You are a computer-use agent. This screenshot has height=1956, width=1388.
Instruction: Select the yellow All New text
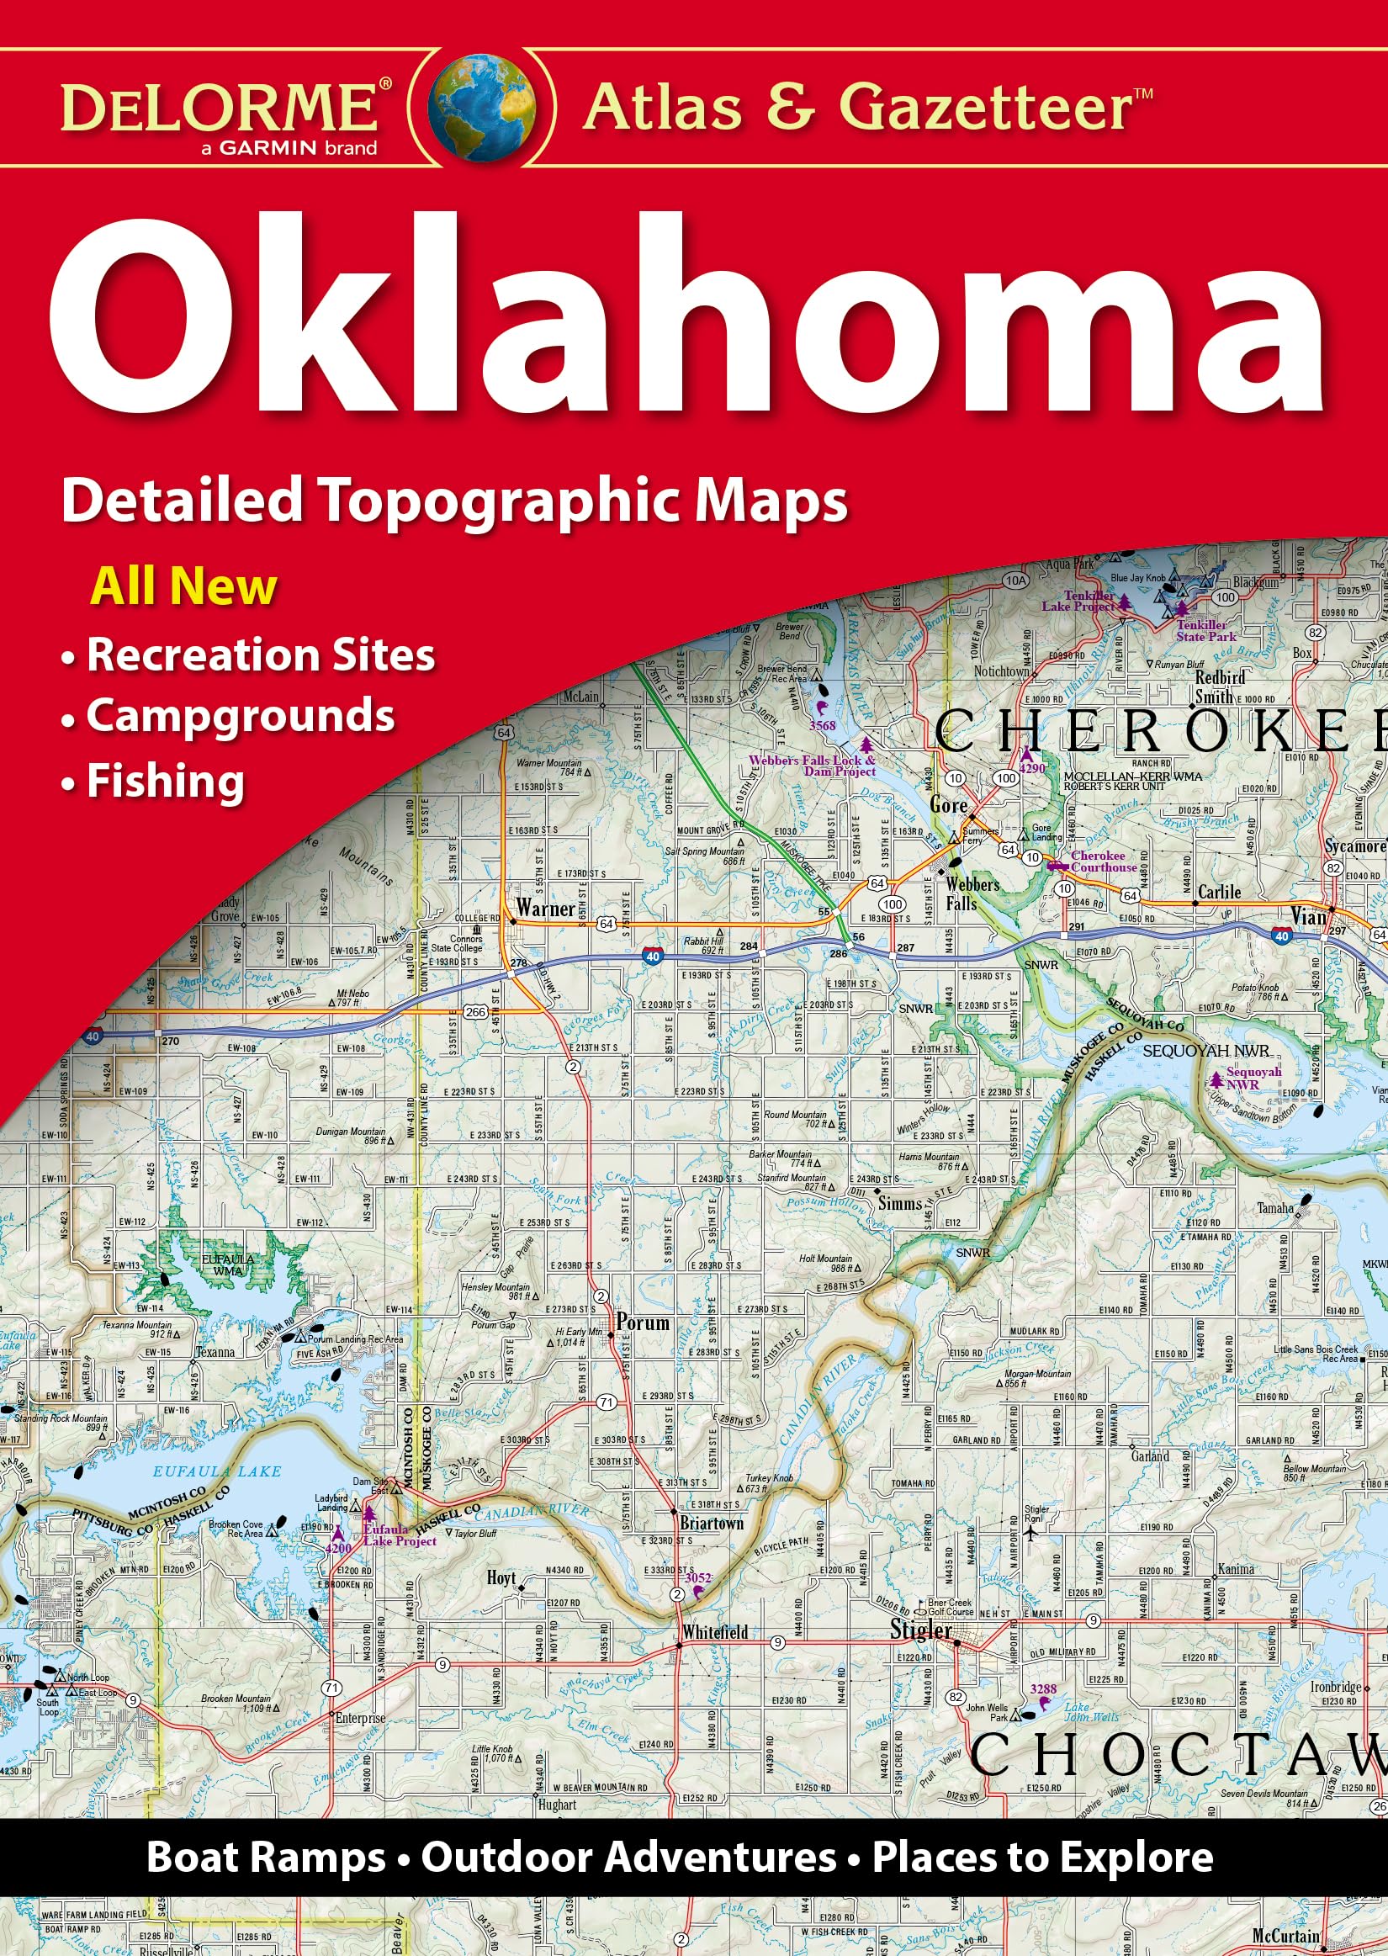[183, 587]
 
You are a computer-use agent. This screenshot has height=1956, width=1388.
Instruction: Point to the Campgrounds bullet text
[240, 715]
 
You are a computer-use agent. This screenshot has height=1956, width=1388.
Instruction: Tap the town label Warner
[545, 908]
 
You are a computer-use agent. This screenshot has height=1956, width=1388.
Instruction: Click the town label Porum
[643, 1323]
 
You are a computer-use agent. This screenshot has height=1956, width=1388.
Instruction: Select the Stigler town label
[920, 1630]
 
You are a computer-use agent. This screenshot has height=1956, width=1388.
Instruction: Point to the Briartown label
[711, 1524]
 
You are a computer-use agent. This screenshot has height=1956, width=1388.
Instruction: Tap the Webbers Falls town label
[972, 893]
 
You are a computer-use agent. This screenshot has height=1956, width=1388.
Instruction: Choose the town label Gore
[948, 805]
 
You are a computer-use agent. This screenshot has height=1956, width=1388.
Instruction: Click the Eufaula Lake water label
[217, 1471]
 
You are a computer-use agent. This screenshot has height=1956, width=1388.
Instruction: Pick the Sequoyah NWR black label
[1206, 1051]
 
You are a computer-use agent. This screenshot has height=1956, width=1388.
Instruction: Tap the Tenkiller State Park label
[1206, 632]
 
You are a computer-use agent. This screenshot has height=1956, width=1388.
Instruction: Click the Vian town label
[1307, 917]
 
